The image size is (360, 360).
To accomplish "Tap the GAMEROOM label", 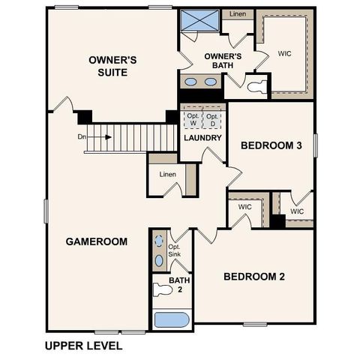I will pos(96,241).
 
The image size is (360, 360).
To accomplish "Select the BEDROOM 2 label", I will pos(254,276).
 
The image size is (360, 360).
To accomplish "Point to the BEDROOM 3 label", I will pos(271,145).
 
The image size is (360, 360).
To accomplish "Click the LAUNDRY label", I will pos(202,138).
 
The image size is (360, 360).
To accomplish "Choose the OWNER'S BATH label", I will pos(223,61).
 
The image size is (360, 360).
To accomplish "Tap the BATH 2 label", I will pos(179,284).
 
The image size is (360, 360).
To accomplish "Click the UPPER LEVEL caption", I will pos(83,346).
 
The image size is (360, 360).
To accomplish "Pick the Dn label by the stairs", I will pos(82,137).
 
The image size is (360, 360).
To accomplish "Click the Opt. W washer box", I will pos(192,120).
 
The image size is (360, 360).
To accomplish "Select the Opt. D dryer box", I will pos(214,120).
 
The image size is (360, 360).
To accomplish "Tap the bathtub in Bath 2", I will pos(172,319).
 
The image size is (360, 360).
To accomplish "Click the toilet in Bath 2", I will pos(161,286).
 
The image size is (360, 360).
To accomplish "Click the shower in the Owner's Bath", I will pos(199,21).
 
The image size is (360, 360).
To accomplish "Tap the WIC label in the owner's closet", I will pos(284,53).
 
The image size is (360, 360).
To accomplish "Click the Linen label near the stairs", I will pos(167,175).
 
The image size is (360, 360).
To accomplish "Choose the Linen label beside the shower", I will pos(238,14).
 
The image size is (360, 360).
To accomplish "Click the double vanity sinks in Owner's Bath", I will pos(200,82).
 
